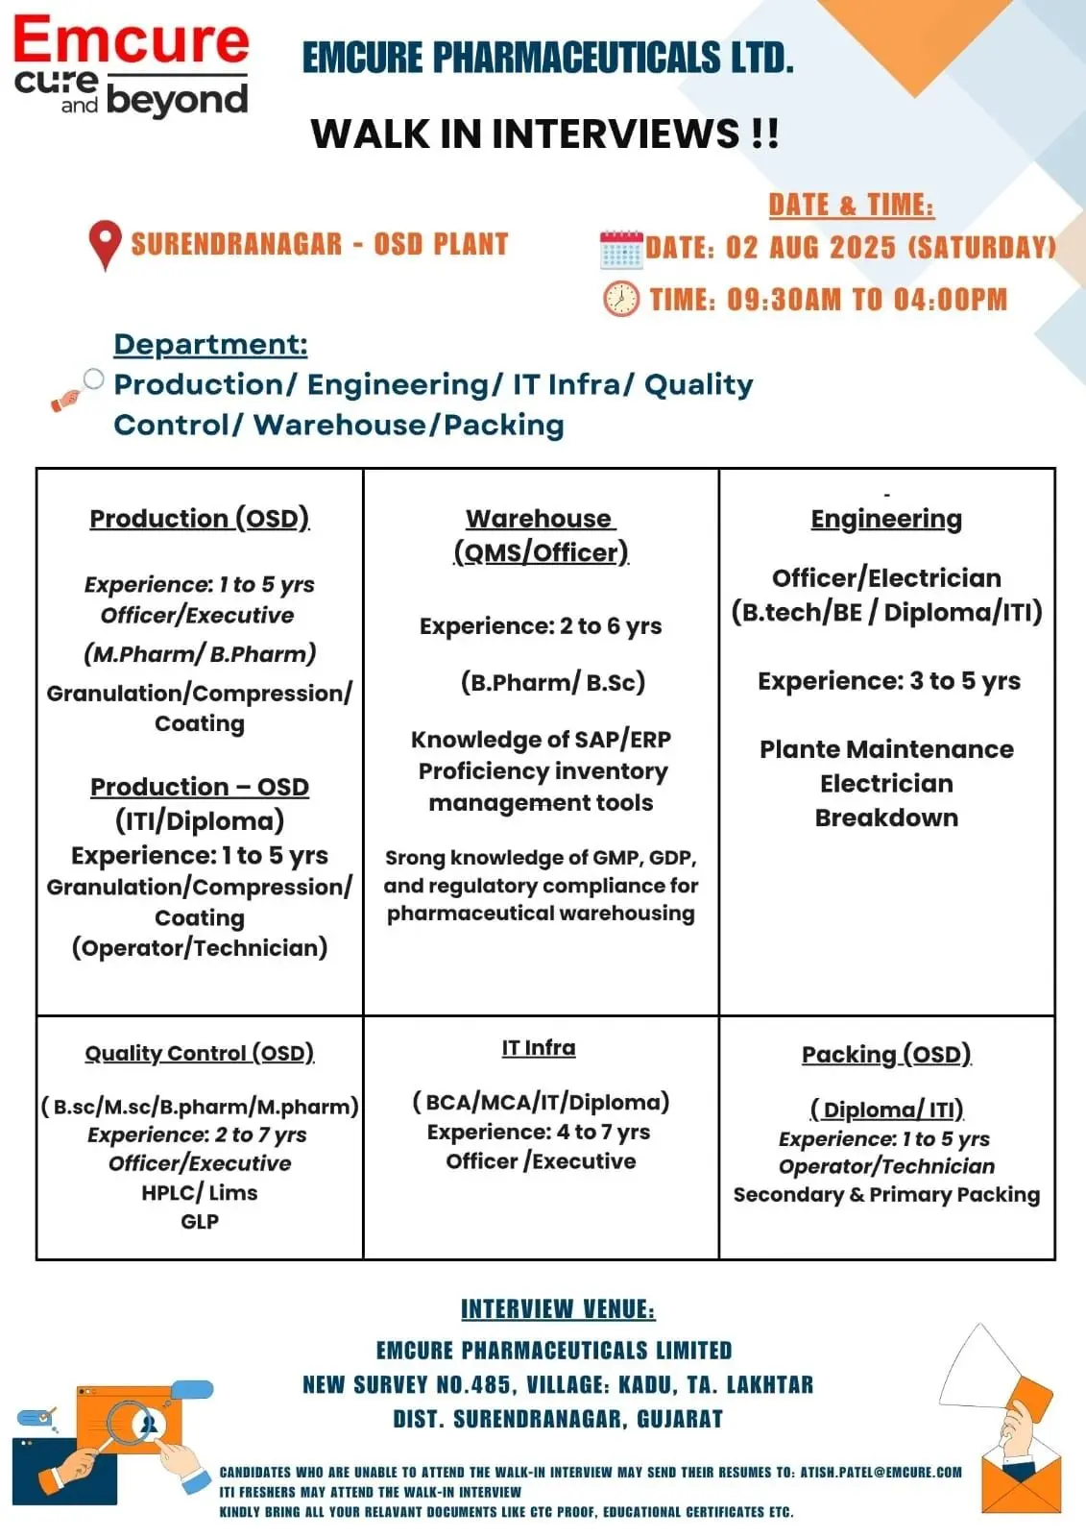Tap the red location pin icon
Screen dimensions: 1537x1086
(x=105, y=244)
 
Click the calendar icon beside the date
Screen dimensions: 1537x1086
(x=620, y=249)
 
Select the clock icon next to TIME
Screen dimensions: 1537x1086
(x=620, y=299)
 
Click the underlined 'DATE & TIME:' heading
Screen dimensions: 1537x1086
(x=851, y=205)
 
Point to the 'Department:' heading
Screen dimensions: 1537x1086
(x=210, y=344)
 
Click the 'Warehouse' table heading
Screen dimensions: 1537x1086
(x=540, y=519)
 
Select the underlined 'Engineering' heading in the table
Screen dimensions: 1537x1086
(x=886, y=519)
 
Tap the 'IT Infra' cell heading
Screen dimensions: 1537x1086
(x=539, y=1048)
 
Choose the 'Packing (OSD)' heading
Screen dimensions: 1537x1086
(x=886, y=1054)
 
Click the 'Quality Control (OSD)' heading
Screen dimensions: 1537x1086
(x=200, y=1053)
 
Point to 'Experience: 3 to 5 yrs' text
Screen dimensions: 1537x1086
(x=889, y=681)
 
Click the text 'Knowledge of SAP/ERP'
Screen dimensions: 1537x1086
(x=541, y=740)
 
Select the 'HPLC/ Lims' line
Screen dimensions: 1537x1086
(x=200, y=1192)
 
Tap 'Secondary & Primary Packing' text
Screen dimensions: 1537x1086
(x=886, y=1194)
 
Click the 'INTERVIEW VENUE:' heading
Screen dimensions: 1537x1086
(x=558, y=1309)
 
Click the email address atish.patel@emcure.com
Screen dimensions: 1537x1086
(x=881, y=1472)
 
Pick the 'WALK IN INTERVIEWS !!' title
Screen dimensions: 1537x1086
(x=544, y=134)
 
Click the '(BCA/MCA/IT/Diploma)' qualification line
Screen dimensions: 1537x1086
(x=541, y=1102)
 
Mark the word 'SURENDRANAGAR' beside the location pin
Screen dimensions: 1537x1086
(x=236, y=244)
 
